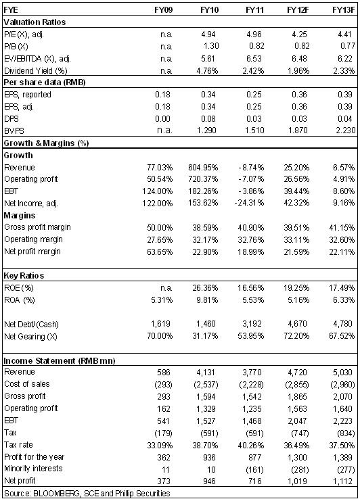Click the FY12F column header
pyautogui.click(x=298, y=10)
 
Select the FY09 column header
pyautogui.click(x=164, y=10)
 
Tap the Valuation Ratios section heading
pyautogui.click(x=35, y=22)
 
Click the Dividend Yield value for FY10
pyautogui.click(x=207, y=70)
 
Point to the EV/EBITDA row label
pyautogui.click(x=38, y=59)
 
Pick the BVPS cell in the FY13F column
pyautogui.click(x=345, y=130)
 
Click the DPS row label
pyautogui.click(x=12, y=119)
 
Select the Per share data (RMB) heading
pyautogui.click(x=45, y=82)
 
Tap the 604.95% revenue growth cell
pyautogui.click(x=203, y=168)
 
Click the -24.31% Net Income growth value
pyautogui.click(x=249, y=203)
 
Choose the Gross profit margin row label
pyautogui.click(x=38, y=227)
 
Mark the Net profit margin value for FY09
pyautogui.click(x=160, y=252)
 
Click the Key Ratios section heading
pyautogui.click(x=24, y=276)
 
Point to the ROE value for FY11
pyautogui.click(x=251, y=287)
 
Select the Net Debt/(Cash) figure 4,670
pyautogui.click(x=296, y=324)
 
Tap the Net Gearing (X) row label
pyautogui.click(x=30, y=336)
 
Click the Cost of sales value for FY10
pyautogui.click(x=206, y=385)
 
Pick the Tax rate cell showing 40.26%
pyautogui.click(x=251, y=445)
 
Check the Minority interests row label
pyautogui.click(x=33, y=469)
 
